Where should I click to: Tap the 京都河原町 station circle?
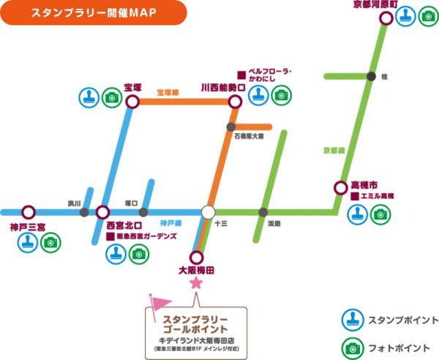tap(386, 18)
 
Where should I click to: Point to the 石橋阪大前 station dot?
tap(231, 127)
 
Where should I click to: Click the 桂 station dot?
tap(372, 76)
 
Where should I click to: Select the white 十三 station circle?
tap(208, 212)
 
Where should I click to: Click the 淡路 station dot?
tap(263, 212)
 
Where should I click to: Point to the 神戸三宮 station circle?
tap(29, 212)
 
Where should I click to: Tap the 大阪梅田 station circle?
tap(196, 258)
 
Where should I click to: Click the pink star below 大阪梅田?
tap(195, 283)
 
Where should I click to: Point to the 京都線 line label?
tap(333, 151)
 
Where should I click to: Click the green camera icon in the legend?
tap(353, 346)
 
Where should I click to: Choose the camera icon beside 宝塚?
tap(111, 96)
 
